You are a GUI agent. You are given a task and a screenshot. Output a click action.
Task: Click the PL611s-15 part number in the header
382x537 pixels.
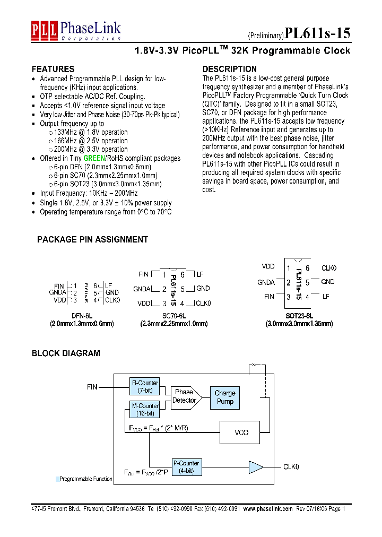(x=317, y=33)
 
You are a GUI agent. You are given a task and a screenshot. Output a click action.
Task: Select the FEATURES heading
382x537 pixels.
(x=53, y=70)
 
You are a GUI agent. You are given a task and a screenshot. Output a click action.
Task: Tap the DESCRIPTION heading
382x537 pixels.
(x=230, y=70)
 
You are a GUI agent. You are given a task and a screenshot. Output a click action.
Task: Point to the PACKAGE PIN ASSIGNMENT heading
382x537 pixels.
(x=92, y=240)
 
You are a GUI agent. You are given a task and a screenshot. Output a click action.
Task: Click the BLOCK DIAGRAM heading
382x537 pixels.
(x=66, y=353)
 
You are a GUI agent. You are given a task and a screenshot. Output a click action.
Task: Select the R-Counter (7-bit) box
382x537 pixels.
(x=144, y=386)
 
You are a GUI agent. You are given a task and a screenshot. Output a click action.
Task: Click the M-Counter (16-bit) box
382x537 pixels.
(x=144, y=410)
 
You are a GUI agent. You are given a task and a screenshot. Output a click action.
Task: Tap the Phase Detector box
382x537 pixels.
(x=184, y=396)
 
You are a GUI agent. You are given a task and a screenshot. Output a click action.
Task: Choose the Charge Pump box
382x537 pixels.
(x=225, y=397)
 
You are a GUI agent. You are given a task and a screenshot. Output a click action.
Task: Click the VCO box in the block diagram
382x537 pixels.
(x=241, y=432)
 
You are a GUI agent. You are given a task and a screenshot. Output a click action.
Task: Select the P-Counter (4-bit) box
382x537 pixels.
(x=186, y=466)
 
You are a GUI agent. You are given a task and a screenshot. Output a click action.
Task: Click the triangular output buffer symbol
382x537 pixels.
(x=256, y=467)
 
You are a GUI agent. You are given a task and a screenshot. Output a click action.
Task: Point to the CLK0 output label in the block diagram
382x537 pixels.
(x=291, y=467)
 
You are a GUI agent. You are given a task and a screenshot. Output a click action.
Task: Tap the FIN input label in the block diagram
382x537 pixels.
(x=92, y=387)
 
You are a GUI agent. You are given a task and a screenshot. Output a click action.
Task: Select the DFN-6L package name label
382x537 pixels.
(x=82, y=315)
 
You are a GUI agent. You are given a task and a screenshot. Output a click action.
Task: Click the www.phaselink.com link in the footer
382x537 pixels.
(x=268, y=508)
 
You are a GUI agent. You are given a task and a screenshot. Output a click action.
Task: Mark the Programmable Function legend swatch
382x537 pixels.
(x=57, y=479)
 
